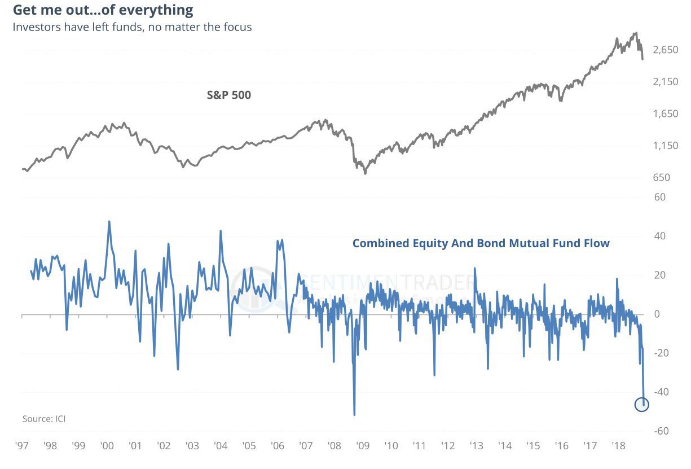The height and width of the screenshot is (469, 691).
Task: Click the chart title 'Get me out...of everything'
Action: [103, 10]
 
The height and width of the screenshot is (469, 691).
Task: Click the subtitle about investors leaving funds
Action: [132, 27]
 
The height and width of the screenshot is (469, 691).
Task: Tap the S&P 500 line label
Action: [229, 95]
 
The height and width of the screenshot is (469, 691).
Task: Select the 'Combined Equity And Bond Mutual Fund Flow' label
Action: [481, 243]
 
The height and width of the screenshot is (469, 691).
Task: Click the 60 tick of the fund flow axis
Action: [659, 197]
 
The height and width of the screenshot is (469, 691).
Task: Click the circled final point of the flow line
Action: [642, 404]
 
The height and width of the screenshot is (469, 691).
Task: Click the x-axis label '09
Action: [362, 446]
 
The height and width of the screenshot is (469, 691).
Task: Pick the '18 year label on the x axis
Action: [617, 446]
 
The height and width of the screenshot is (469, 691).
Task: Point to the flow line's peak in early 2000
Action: [109, 221]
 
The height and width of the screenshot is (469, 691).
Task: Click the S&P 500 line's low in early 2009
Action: [365, 173]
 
